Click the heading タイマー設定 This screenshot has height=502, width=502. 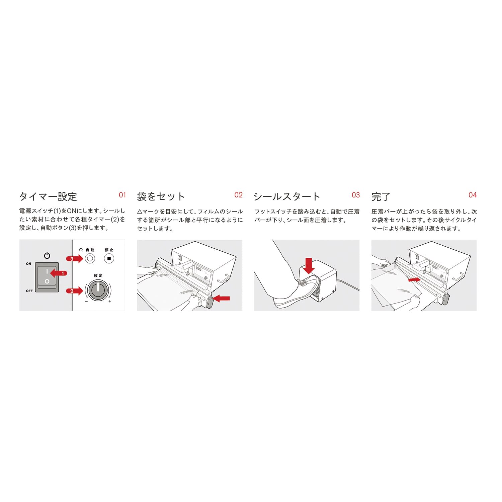click(x=48, y=196)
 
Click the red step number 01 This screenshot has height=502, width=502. click(x=122, y=195)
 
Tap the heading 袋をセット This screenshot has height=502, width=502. click(x=161, y=196)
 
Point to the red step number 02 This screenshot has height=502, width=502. click(x=239, y=195)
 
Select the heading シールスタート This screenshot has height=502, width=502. click(x=287, y=196)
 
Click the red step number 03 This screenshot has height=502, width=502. click(x=356, y=195)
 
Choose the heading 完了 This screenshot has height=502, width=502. click(x=381, y=196)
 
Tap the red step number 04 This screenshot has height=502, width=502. click(x=473, y=195)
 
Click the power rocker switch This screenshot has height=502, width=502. click(x=47, y=277)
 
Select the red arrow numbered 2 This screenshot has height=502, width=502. click(x=74, y=291)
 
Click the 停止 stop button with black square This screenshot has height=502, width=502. click(x=109, y=259)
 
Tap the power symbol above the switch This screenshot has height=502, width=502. click(x=47, y=256)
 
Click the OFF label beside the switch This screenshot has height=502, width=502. click(x=29, y=291)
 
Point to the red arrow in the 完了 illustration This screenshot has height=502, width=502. click(x=414, y=279)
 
